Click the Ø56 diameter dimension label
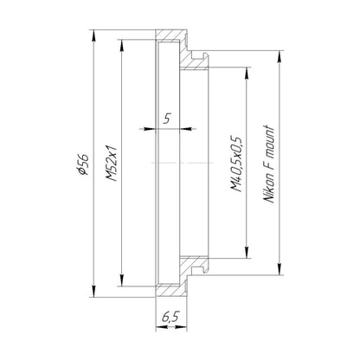tap(83, 164)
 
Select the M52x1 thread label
tap(112, 163)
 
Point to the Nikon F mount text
tap(268, 164)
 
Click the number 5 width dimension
tap(167, 119)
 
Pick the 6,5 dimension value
tap(170, 317)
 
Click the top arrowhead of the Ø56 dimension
tap(93, 36)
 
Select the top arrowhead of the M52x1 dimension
tap(122, 46)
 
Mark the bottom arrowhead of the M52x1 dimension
tap(122, 280)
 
